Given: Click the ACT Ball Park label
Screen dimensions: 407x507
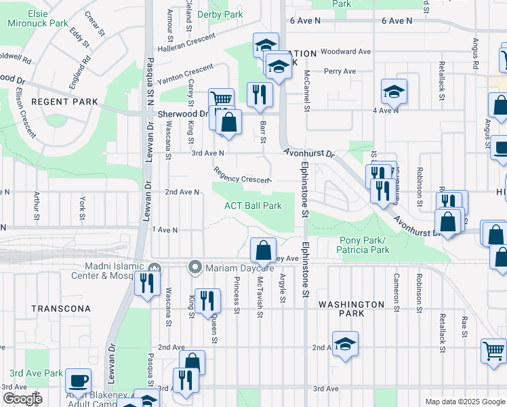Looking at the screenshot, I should tap(253, 206).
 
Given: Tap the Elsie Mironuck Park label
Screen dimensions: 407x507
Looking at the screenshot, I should tap(38, 18).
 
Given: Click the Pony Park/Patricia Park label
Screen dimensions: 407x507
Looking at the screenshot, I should tap(362, 245).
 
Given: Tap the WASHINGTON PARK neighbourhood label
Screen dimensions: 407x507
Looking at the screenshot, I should tap(352, 309).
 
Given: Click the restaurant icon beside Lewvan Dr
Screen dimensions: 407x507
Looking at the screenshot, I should tap(146, 282).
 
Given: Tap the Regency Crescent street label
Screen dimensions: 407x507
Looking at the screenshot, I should tap(241, 176).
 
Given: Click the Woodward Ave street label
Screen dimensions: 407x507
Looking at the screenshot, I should tap(346, 52).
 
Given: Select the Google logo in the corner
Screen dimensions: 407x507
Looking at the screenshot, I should tap(22, 399).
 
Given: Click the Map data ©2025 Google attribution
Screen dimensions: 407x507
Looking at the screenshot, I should tap(464, 402).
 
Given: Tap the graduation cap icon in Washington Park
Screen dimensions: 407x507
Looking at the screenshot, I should tap(345, 344).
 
